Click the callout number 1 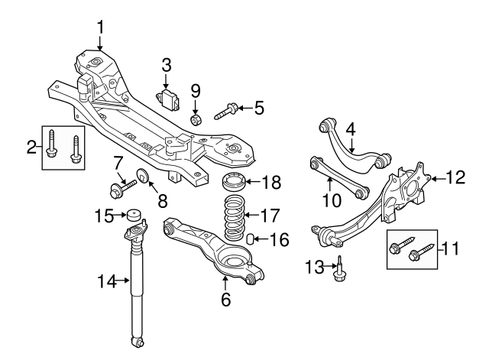point(99,28)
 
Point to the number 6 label point(225,300)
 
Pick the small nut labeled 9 point(195,119)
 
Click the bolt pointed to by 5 point(223,112)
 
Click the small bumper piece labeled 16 point(249,242)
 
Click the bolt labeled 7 point(124,186)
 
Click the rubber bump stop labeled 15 point(135,216)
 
